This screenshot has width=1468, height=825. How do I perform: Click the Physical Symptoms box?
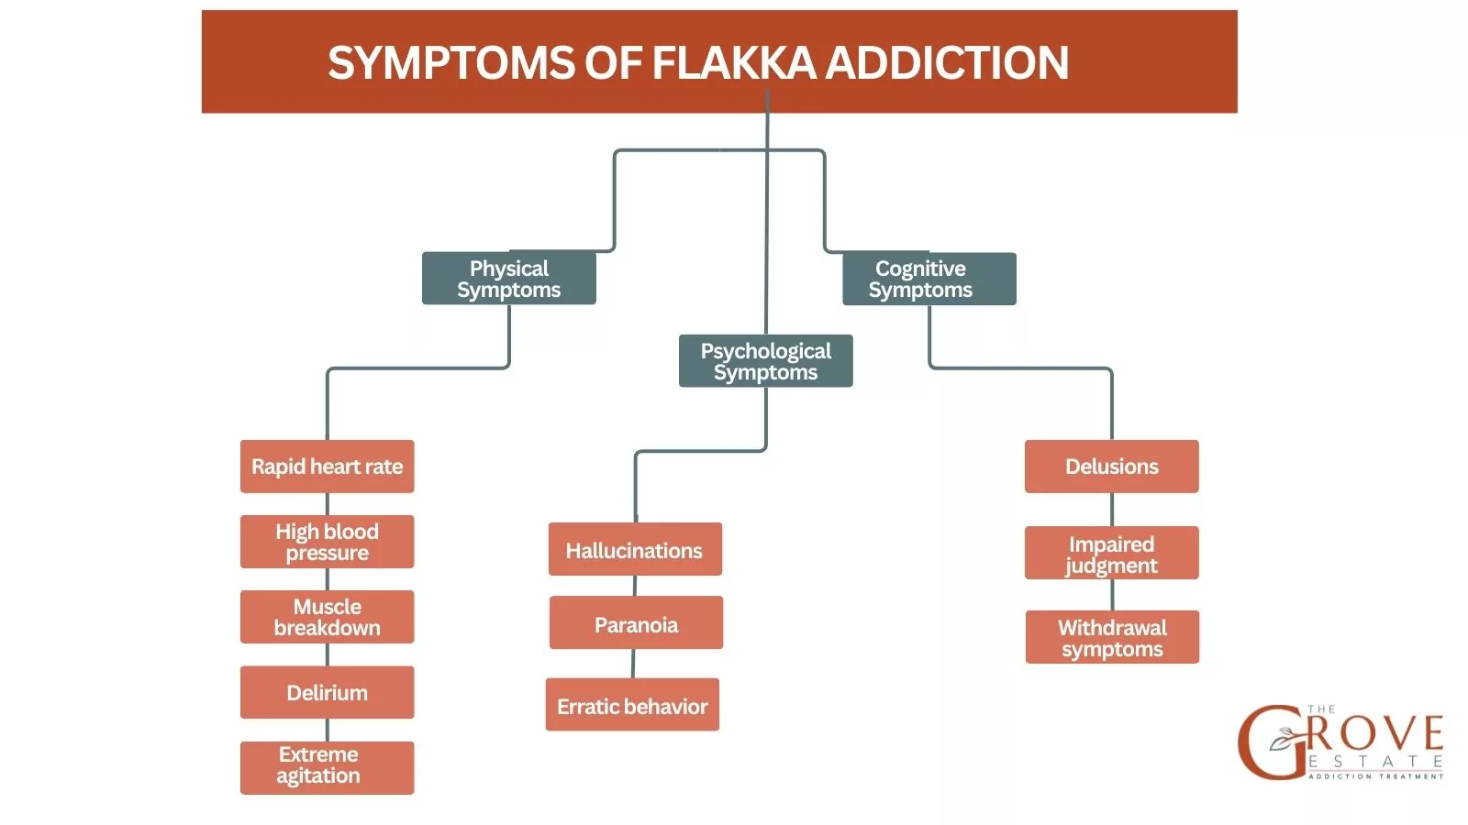(x=508, y=279)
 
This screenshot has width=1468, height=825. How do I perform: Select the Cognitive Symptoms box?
(x=929, y=279)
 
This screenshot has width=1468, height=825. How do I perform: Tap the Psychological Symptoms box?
(x=765, y=361)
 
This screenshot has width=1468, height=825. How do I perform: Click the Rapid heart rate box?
(x=327, y=467)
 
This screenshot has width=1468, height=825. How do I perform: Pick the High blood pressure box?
(x=327, y=542)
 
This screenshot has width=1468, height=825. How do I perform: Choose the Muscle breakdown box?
(x=327, y=617)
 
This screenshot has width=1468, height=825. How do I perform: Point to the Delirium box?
(x=327, y=692)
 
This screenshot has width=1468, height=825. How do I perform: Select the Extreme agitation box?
(x=327, y=767)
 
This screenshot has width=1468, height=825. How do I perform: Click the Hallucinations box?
(x=635, y=550)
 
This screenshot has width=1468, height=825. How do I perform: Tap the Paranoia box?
(x=636, y=623)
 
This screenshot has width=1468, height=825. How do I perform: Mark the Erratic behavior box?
(x=632, y=705)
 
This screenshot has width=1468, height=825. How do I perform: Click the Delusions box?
(x=1111, y=467)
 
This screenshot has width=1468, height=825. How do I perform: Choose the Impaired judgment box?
(x=1111, y=553)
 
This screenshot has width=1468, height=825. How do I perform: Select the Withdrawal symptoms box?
(x=1112, y=637)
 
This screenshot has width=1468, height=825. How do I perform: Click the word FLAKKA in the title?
(x=733, y=63)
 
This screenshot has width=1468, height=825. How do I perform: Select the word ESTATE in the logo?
(x=1375, y=762)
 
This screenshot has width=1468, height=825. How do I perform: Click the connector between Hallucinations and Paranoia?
(x=635, y=586)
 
